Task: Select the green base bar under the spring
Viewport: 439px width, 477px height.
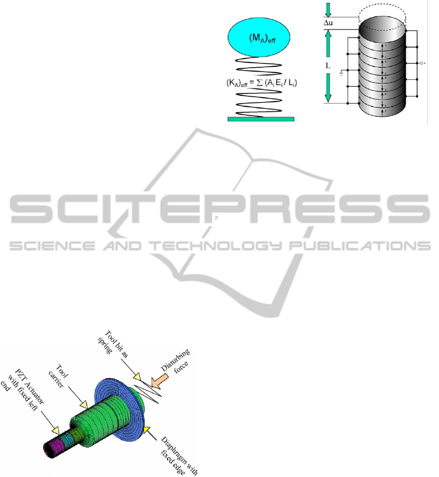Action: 260,118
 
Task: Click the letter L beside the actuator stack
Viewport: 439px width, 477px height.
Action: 328,64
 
